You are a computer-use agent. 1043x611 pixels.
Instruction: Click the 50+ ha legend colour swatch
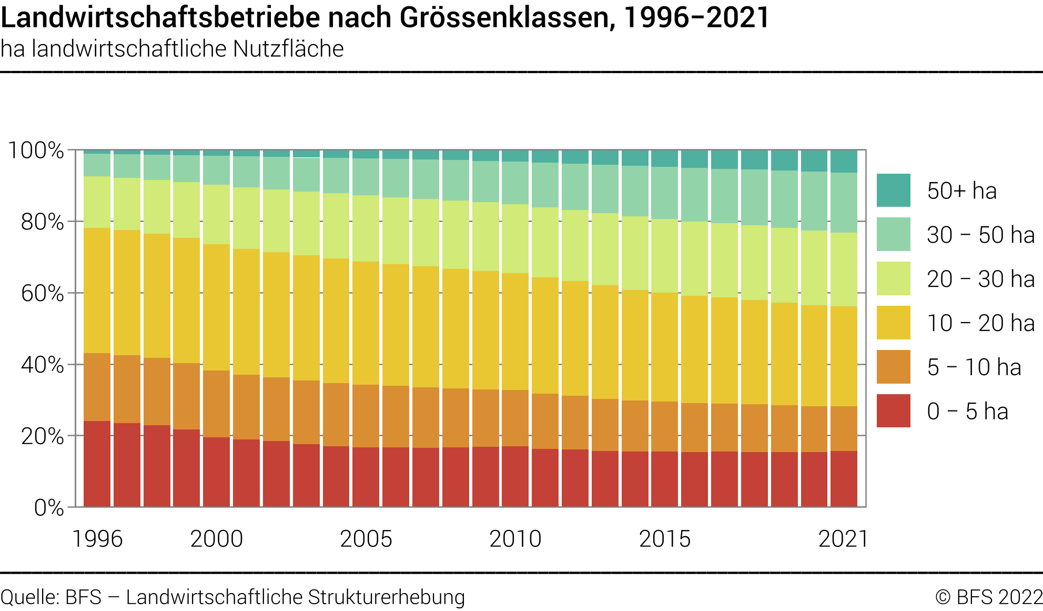tap(893, 190)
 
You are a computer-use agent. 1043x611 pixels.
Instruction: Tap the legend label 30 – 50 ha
tap(980, 235)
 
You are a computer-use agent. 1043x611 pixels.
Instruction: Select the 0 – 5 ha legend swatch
tap(893, 410)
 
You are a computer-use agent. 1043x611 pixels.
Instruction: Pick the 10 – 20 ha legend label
tap(980, 323)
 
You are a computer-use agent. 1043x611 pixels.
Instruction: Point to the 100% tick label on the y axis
tap(36, 151)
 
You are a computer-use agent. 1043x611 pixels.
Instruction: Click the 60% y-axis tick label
tap(42, 294)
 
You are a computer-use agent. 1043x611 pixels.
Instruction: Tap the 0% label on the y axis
tap(48, 508)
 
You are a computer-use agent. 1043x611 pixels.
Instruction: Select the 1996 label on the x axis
tap(97, 539)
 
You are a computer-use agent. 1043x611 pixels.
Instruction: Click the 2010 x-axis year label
tap(515, 539)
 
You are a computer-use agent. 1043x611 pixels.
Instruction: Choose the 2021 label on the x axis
tap(843, 539)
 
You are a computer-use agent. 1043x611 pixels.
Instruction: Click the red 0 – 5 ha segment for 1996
tap(97, 463)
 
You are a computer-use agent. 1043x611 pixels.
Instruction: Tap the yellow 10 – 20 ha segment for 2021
tap(844, 356)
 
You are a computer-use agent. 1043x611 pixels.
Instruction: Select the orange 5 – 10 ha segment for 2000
tap(217, 404)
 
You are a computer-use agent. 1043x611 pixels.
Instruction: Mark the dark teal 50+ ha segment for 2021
tap(844, 162)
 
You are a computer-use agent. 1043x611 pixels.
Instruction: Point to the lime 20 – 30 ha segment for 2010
tap(515, 238)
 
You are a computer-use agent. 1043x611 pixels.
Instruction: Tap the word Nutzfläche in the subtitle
tap(288, 49)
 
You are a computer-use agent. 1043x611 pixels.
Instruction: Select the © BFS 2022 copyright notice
tap(988, 597)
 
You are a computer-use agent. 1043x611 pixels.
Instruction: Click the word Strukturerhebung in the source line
tap(386, 597)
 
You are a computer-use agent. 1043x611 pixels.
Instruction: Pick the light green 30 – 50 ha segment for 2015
tap(664, 193)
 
